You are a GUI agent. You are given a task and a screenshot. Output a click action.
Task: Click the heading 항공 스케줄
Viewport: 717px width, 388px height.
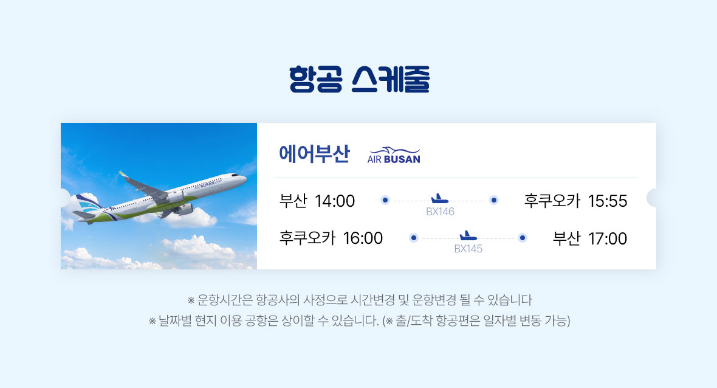click(x=359, y=80)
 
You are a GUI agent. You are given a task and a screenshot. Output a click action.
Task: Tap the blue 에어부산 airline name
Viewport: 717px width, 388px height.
click(x=314, y=154)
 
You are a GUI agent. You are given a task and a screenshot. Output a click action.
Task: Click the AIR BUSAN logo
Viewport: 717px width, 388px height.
click(x=394, y=156)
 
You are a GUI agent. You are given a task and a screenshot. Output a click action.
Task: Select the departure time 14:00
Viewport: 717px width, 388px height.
click(x=335, y=201)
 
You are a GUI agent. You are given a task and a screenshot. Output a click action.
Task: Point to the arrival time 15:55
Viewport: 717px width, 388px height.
click(x=607, y=201)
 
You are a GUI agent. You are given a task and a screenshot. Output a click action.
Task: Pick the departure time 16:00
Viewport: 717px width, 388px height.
click(x=363, y=238)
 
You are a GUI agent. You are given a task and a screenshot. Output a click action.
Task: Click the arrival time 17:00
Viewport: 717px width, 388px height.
click(x=607, y=238)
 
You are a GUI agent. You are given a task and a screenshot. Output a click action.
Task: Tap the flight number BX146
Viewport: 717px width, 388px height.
click(x=440, y=212)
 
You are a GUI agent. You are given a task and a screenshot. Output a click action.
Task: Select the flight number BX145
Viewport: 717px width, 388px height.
click(x=468, y=249)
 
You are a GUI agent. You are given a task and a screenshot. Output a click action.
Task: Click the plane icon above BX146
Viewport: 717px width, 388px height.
click(x=439, y=199)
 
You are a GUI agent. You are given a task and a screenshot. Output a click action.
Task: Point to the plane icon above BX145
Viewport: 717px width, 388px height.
click(x=468, y=235)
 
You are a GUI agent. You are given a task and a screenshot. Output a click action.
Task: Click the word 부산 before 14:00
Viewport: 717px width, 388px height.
click(x=293, y=201)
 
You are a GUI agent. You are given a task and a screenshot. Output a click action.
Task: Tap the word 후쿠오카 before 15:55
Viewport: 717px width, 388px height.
click(x=552, y=201)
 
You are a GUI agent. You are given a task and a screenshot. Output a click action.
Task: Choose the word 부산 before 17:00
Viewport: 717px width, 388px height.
click(x=566, y=238)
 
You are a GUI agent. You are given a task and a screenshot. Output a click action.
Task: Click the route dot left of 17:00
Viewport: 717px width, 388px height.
click(x=522, y=237)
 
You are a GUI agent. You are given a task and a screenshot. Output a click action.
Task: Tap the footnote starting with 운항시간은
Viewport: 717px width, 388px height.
click(x=360, y=300)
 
